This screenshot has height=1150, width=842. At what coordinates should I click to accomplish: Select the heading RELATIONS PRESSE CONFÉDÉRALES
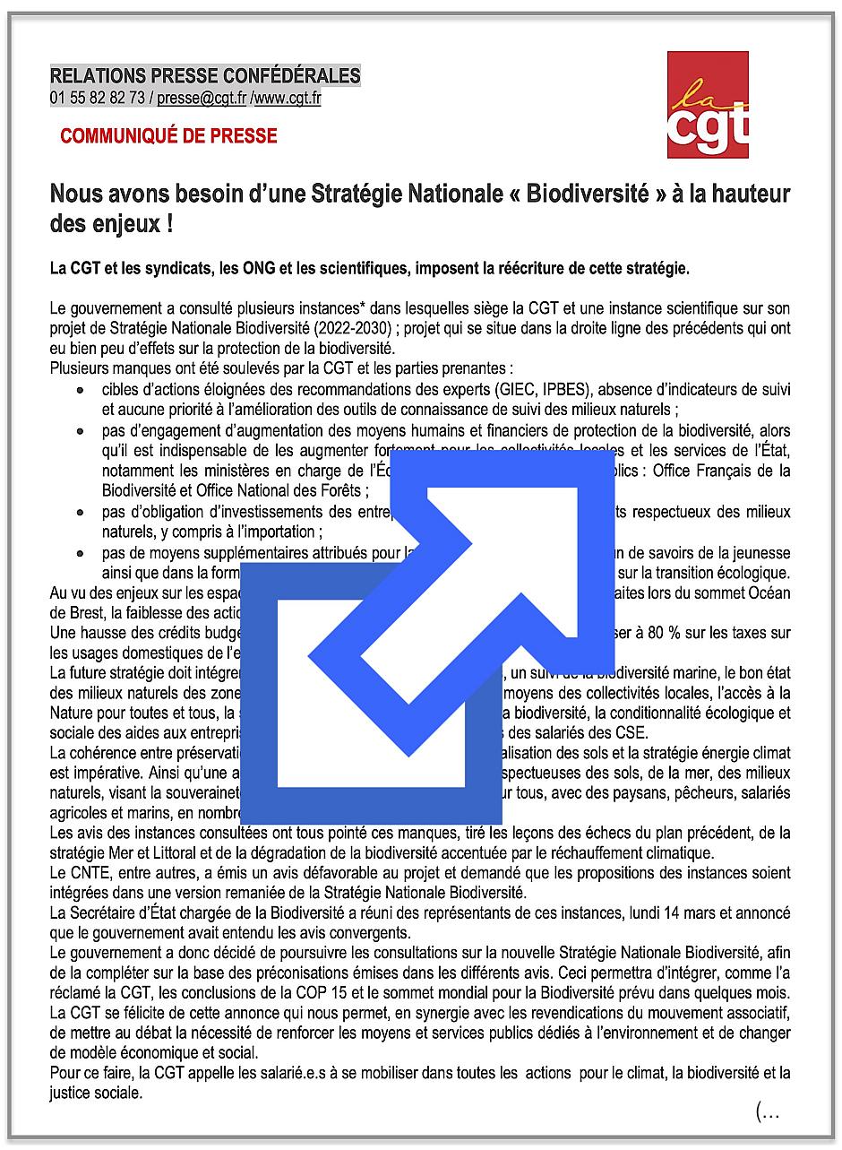pyautogui.click(x=205, y=76)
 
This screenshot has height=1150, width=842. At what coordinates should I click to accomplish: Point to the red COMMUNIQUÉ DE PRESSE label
pyautogui.click(x=168, y=136)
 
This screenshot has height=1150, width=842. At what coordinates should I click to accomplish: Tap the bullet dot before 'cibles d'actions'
pyautogui.click(x=81, y=392)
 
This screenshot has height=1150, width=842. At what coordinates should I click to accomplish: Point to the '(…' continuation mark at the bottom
pyautogui.click(x=768, y=1112)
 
